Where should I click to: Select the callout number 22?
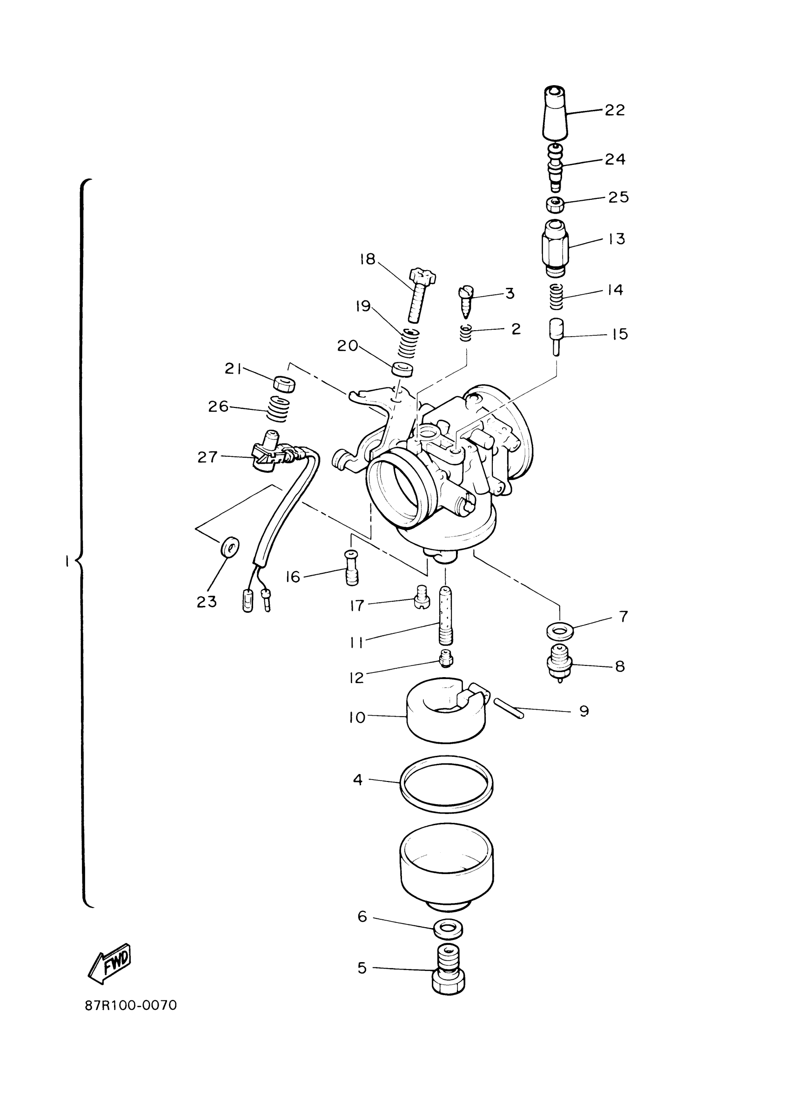(614, 110)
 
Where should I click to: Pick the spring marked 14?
(556, 296)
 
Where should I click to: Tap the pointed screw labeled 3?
(466, 301)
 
